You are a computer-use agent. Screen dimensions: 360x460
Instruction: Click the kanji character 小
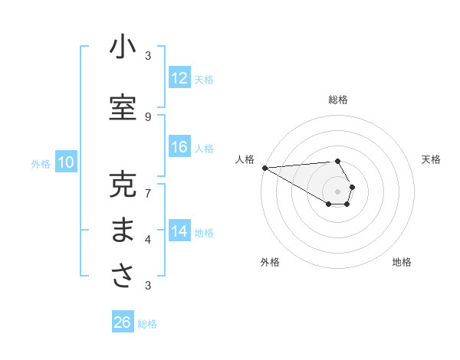123,47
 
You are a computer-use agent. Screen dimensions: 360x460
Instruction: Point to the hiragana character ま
123,231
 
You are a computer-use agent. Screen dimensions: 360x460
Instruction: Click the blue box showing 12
179,78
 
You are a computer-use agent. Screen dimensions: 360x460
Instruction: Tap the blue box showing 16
179,147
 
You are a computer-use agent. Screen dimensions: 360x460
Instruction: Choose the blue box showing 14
179,231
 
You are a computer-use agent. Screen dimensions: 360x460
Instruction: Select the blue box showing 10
66,162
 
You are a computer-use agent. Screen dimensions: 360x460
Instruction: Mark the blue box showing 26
123,322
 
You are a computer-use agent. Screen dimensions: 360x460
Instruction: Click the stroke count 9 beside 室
148,116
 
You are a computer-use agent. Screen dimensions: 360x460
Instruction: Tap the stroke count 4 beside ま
148,240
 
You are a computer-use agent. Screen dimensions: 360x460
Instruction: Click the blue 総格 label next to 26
147,324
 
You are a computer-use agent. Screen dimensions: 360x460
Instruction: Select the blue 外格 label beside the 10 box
40,163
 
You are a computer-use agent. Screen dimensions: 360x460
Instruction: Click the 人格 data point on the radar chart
264,168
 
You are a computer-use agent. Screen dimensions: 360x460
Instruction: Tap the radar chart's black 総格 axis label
337,100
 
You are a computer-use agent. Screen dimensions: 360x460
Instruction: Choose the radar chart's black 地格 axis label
402,262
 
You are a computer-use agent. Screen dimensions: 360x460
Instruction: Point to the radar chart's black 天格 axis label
431,159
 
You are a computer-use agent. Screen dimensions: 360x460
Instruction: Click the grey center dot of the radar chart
337,191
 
